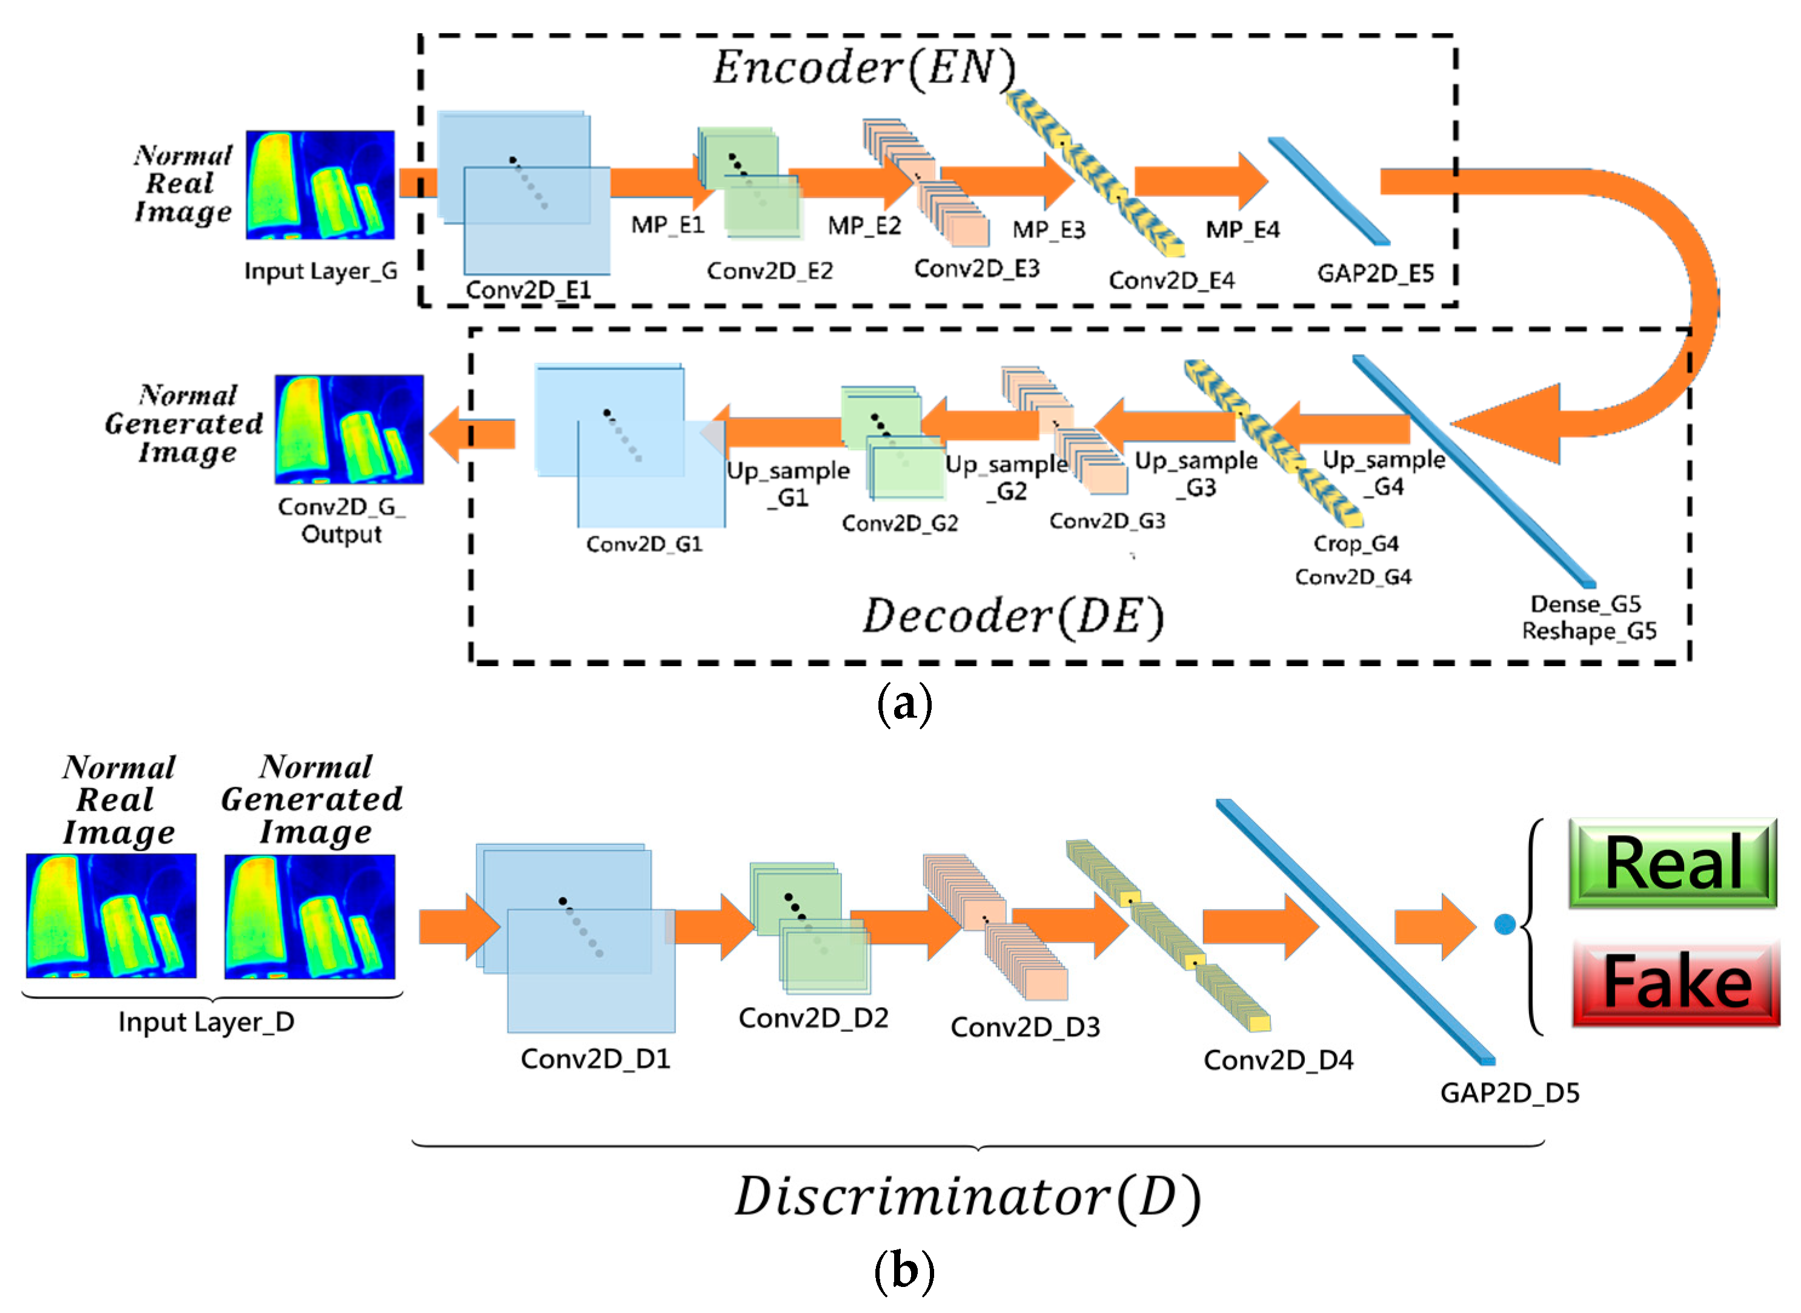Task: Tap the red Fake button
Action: tap(1676, 983)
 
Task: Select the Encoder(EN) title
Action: tap(863, 68)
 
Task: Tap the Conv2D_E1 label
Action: tap(528, 290)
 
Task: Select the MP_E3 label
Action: tap(1049, 230)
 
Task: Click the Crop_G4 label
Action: tap(1355, 544)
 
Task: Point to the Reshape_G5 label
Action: tap(1589, 631)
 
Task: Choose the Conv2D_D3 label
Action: tap(1024, 1027)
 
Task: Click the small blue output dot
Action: tap(1504, 924)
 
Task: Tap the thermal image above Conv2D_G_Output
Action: tap(349, 429)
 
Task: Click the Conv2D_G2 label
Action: tap(900, 523)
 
